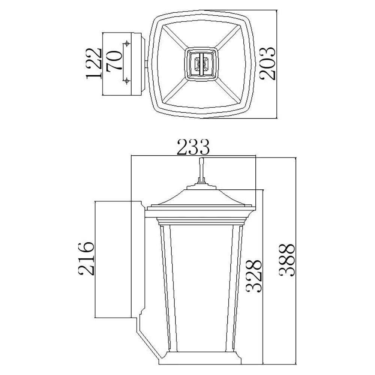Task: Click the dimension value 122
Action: pos(94,63)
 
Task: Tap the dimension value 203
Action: pos(267,63)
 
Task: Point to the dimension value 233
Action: pos(193,147)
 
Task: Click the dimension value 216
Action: pos(85,258)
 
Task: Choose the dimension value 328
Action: pos(254,276)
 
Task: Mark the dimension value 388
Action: pos(286,260)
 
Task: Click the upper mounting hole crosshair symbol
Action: pos(127,43)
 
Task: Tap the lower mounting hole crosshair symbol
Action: pos(127,81)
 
